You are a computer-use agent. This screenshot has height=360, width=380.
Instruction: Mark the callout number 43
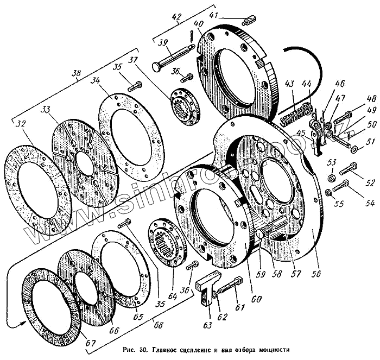(x=291, y=84)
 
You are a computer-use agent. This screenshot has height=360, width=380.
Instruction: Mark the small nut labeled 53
(x=330, y=178)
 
